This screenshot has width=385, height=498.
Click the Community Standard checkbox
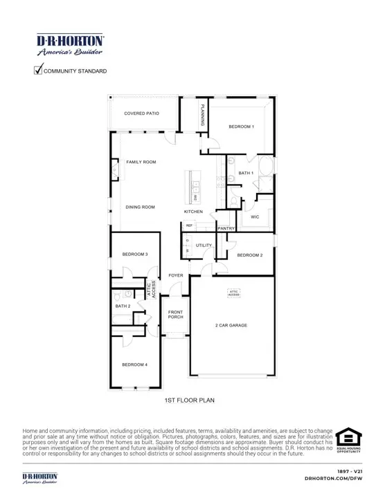tap(39, 69)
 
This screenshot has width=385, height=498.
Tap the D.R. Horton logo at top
tap(70, 45)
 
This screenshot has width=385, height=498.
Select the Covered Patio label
tap(142, 113)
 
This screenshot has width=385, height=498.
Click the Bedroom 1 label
tap(242, 127)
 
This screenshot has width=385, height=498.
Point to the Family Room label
tap(141, 162)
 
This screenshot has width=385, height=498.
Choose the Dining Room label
tap(140, 207)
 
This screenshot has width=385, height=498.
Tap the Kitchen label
tap(193, 211)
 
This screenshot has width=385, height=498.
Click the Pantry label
tap(226, 228)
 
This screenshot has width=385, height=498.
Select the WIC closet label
tap(254, 216)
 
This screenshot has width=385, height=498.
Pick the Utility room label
tap(204, 245)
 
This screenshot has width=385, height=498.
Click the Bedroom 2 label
tap(250, 255)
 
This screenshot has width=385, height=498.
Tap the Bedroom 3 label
tap(135, 255)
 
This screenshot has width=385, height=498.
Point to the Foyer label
tap(176, 275)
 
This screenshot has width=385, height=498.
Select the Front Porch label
tap(176, 315)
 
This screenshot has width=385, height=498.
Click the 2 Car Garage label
tap(231, 325)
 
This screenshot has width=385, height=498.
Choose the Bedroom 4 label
tap(135, 365)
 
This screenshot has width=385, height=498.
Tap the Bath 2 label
tap(123, 306)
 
